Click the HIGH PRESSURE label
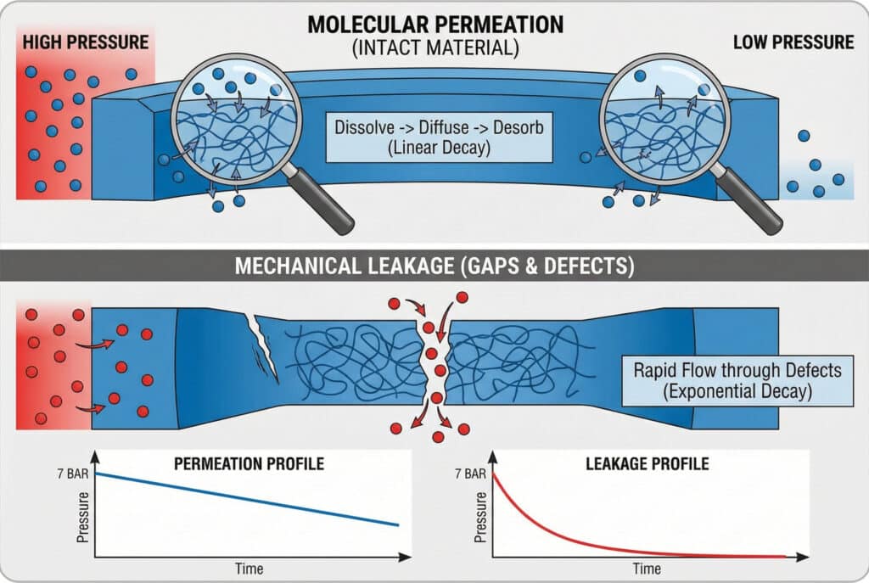click(86, 42)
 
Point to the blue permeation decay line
click(246, 499)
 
